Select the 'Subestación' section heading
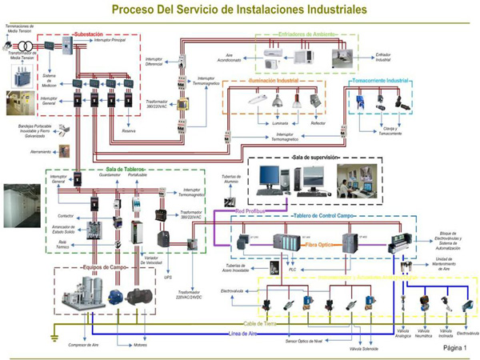[87, 35]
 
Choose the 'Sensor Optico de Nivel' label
[305, 342]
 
